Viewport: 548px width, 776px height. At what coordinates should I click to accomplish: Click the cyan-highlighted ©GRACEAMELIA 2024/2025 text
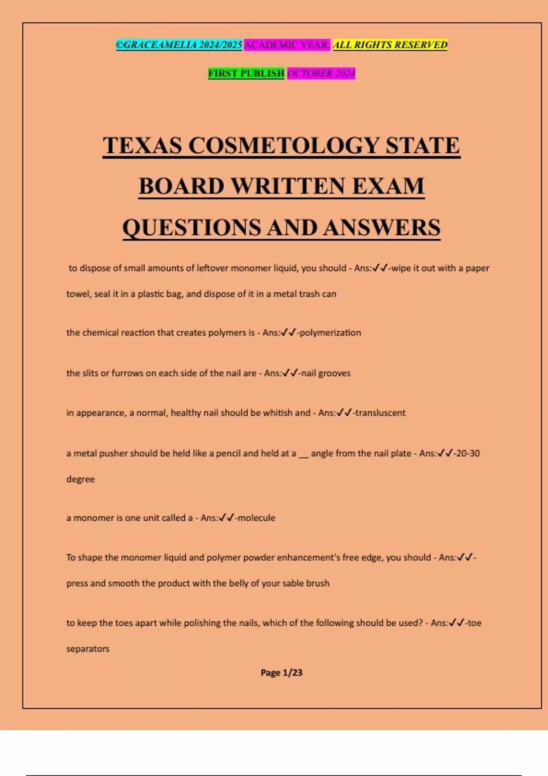pos(179,45)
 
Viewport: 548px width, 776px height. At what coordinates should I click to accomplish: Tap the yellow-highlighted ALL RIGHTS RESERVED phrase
pos(390,45)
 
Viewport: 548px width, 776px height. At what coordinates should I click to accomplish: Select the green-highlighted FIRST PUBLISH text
pos(246,73)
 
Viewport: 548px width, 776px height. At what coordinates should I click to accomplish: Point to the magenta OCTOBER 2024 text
pos(321,73)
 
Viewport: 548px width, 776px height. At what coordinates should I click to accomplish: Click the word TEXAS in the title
pos(142,146)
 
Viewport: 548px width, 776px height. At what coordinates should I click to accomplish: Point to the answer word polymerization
pos(330,333)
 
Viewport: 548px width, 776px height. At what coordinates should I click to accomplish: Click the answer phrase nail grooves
pos(326,373)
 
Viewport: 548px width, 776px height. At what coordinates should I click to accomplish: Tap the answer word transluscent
pos(380,413)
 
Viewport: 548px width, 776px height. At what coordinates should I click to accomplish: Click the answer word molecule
pos(257,518)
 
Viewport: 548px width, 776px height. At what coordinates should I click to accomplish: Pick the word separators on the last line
pos(88,649)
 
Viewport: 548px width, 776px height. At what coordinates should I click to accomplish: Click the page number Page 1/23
pos(281,672)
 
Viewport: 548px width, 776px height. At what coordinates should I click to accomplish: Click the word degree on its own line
pos(80,479)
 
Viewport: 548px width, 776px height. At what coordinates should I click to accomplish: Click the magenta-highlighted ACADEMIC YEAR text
pos(287,45)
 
